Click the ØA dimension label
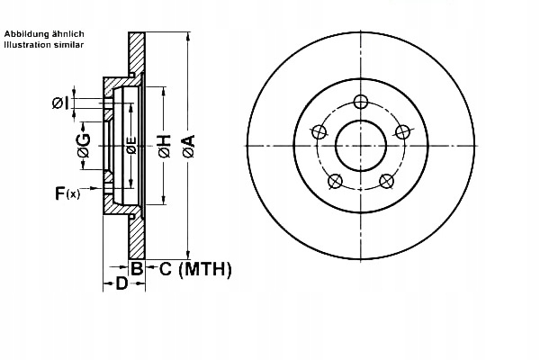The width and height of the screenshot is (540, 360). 188,147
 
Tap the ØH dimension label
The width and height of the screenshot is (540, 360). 165,147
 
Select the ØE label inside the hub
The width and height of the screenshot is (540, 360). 131,147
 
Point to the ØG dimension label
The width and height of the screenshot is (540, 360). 84,147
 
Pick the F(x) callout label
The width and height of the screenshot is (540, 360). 67,192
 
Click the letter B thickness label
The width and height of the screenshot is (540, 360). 136,268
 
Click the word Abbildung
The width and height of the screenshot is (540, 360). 24,32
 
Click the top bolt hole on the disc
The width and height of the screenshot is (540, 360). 361,101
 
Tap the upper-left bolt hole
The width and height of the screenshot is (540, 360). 318,131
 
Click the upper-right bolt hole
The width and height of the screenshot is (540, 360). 404,131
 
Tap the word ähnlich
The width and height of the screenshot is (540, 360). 67,32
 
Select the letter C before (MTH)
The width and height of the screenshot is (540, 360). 166,268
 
